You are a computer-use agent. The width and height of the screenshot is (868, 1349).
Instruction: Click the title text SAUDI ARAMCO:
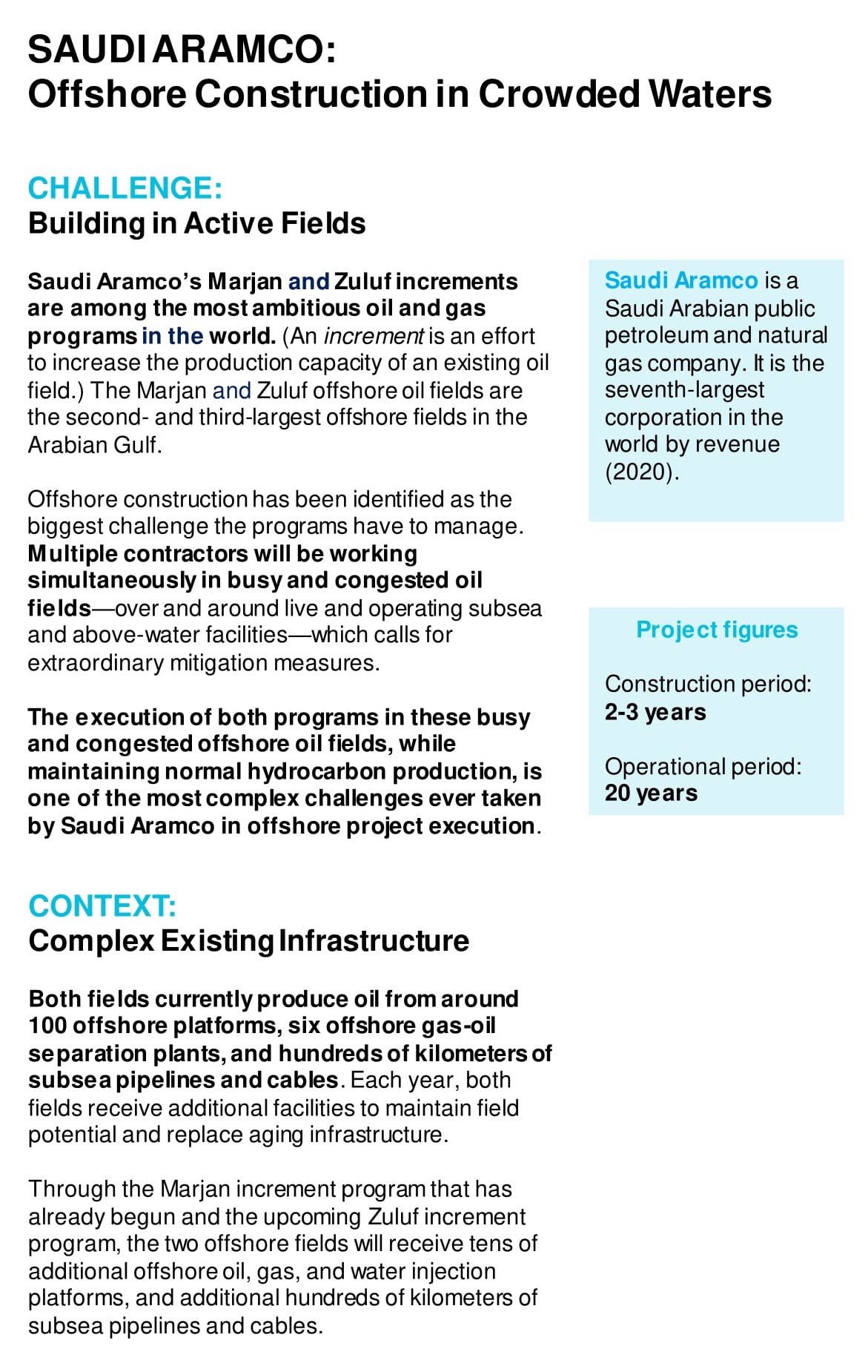(x=182, y=50)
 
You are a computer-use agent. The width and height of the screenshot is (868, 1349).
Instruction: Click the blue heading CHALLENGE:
(x=125, y=188)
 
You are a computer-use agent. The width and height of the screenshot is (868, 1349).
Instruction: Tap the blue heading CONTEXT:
(x=102, y=906)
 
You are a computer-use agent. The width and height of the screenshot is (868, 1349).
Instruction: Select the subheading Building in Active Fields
(x=196, y=223)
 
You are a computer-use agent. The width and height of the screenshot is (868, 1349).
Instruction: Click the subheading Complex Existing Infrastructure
(x=248, y=941)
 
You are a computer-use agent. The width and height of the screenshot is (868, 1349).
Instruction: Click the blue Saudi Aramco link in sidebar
(x=680, y=280)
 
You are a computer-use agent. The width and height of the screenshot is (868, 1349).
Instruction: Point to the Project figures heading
(x=716, y=630)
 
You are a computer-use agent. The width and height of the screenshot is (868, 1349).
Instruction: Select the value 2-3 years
(x=655, y=712)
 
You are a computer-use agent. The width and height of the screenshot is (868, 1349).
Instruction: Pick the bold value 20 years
(x=651, y=793)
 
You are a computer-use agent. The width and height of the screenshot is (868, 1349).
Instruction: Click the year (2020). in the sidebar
(x=642, y=472)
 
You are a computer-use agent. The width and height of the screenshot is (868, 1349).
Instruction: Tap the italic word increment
(x=373, y=336)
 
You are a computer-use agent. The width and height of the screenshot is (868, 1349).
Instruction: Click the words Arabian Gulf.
(x=94, y=445)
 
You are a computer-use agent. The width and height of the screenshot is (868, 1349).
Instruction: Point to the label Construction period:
(x=707, y=684)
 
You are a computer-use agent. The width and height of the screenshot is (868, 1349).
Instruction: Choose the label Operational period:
(x=703, y=766)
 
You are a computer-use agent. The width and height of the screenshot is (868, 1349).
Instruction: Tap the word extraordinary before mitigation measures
(x=96, y=662)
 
